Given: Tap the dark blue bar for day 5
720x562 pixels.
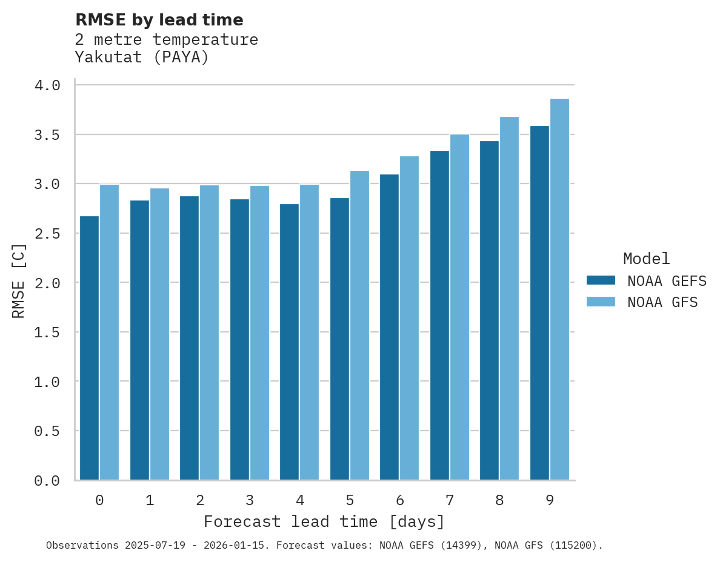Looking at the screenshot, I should [339, 339].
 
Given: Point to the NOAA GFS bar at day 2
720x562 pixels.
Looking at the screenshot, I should [209, 332].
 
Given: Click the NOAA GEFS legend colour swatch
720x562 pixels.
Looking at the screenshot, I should [601, 280].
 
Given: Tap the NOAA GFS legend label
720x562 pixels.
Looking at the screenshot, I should [662, 302].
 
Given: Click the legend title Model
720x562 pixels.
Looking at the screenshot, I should [646, 259].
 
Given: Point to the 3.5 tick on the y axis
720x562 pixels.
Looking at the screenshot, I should [47, 134].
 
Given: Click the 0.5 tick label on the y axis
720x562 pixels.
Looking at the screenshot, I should [47, 431].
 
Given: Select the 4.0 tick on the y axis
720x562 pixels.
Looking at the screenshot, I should [47, 85].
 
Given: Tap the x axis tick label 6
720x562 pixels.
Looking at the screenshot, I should [400, 500].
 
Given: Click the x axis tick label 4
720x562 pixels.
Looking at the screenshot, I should [300, 500].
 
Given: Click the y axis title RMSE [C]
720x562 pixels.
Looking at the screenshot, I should [19, 282].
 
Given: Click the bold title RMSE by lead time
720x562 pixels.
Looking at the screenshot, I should [159, 20].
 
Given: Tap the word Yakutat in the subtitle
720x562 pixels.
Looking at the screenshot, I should [100, 58].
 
